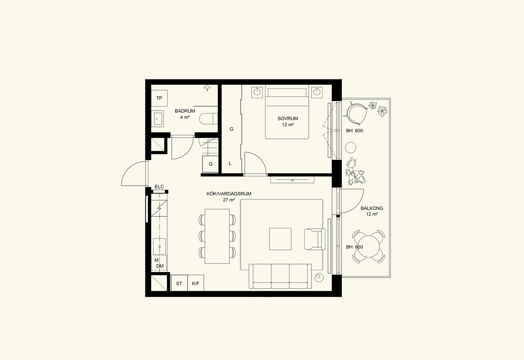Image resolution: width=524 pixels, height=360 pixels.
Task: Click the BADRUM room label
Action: [x=185, y=111]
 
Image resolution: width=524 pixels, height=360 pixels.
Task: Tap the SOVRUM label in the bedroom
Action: [x=288, y=119]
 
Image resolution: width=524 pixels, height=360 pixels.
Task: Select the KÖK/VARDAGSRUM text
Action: [x=229, y=194]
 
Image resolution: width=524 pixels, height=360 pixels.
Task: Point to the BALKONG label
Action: [x=372, y=208]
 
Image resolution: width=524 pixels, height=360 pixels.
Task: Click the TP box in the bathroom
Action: [x=159, y=98]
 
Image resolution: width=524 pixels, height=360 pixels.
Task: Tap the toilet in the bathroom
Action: [x=208, y=119]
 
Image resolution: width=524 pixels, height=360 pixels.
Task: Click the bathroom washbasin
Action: [x=157, y=119]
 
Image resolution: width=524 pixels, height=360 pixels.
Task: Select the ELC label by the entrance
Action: [x=159, y=187]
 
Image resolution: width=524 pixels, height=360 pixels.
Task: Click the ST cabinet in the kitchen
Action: [x=179, y=283]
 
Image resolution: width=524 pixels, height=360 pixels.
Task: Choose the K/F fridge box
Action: [x=196, y=283]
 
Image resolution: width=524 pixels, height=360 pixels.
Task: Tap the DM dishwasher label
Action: [x=160, y=266]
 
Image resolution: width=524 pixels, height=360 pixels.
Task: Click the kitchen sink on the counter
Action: [x=160, y=246]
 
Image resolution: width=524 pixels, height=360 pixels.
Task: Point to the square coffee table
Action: [x=280, y=239]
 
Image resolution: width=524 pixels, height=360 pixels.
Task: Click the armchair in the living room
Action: [x=315, y=239]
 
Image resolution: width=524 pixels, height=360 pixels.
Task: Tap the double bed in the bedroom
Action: [x=287, y=114]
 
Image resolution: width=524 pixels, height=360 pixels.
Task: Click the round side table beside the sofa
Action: [x=319, y=277]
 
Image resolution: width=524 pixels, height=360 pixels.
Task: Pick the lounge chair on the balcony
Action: [x=356, y=113]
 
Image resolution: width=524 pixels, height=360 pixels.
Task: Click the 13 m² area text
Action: [x=288, y=125]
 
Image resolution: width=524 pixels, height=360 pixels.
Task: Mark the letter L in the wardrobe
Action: [x=230, y=163]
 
